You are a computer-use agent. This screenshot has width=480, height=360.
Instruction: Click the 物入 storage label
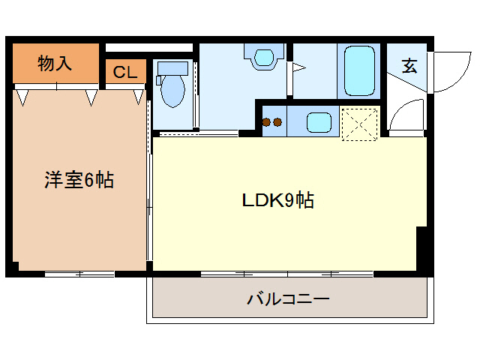tap(55, 63)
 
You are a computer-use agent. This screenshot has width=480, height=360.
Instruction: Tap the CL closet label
tap(124, 73)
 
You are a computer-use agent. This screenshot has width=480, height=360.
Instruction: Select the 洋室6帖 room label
tap(79, 180)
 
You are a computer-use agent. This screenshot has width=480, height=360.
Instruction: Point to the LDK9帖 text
tap(277, 200)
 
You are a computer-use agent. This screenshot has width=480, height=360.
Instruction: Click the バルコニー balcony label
tap(289, 300)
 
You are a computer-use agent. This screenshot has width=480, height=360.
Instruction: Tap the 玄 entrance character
tap(409, 65)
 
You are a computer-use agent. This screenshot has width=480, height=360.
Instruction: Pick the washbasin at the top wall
tap(263, 57)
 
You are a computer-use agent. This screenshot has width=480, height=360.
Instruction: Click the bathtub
tap(358, 71)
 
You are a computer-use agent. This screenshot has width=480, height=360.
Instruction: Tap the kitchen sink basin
tap(318, 121)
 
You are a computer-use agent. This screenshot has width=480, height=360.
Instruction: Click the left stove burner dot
tap(267, 121)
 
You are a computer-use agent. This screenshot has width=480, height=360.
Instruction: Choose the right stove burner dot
tap(277, 121)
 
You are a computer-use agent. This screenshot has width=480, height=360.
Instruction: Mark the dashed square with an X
tap(358, 123)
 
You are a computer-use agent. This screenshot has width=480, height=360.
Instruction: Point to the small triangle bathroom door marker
tap(298, 69)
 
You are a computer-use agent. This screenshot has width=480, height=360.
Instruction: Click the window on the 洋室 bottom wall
tap(79, 274)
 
